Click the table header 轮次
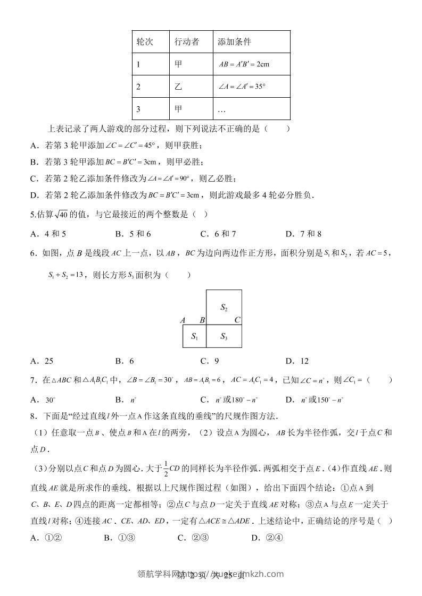click(145, 42)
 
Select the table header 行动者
click(186, 42)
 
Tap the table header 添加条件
click(234, 42)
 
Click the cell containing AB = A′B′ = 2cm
click(244, 64)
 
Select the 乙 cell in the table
click(178, 87)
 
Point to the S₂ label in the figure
click(224, 307)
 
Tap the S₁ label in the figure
click(194, 336)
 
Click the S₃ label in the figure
click(224, 336)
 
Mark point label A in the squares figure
click(183, 320)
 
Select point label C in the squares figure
click(237, 320)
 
